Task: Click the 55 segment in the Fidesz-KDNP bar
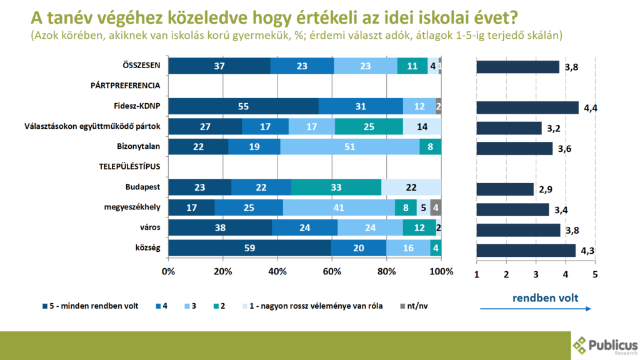243,107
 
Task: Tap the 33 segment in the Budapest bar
336,187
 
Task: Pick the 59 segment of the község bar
249,248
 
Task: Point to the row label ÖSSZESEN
142,66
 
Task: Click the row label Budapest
143,187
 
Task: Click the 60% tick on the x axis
332,272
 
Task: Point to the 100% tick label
441,272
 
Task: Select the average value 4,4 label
591,108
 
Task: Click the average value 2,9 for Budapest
546,189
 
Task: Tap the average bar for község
526,250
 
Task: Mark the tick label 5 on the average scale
595,274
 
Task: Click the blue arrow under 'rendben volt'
535,309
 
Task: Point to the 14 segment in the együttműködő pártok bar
422,127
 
